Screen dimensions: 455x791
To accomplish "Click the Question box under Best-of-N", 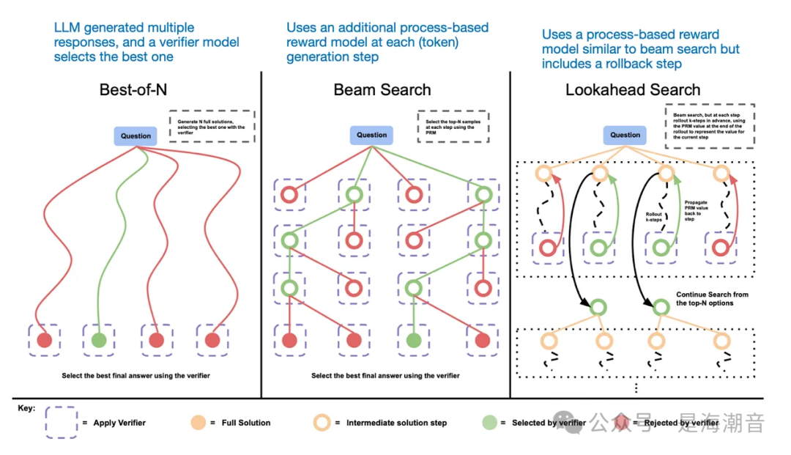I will (x=135, y=136).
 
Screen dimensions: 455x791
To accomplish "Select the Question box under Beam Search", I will (x=371, y=135).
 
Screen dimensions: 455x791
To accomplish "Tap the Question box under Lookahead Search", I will (x=625, y=135).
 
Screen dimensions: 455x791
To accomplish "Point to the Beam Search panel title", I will (x=382, y=90).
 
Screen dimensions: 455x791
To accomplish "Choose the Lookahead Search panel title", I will (x=633, y=90).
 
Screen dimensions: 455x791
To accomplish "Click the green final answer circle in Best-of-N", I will (x=99, y=340).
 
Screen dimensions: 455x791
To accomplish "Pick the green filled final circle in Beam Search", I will (x=414, y=340).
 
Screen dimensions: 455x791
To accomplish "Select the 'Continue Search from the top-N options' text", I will (x=712, y=299).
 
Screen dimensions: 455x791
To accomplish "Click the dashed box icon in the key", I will (x=62, y=423).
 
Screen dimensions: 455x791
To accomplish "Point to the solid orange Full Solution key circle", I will (x=198, y=423).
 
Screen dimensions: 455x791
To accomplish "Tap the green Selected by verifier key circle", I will (x=490, y=423).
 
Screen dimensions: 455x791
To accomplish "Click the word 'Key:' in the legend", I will (x=26, y=408).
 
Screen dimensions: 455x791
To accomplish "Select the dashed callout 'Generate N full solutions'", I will (x=212, y=125).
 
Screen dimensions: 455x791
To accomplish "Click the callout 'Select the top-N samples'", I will (x=453, y=125).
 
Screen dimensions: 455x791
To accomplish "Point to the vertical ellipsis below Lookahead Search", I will (x=636, y=388).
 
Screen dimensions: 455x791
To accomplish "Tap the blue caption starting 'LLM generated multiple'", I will (x=146, y=42).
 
